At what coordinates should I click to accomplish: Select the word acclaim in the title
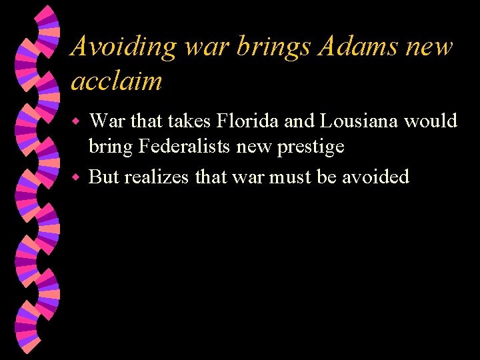[x=117, y=81]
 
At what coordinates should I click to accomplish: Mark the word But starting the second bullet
[x=103, y=177]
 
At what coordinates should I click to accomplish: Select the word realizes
[x=157, y=177]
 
